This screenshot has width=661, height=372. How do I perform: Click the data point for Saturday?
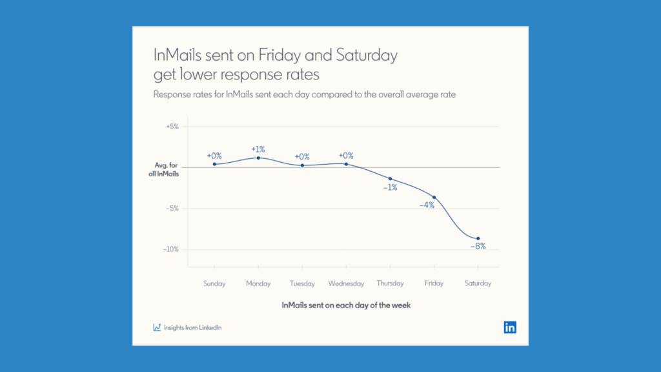(478, 239)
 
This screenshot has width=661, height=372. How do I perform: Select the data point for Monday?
(258, 158)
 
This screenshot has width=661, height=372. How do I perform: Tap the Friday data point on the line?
(434, 198)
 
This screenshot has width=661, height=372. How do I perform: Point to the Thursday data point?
(391, 179)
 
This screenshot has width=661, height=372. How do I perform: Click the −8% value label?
(478, 247)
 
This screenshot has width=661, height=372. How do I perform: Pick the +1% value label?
(258, 149)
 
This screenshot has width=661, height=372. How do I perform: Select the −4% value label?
(427, 205)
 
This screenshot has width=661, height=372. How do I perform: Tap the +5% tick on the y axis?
(172, 127)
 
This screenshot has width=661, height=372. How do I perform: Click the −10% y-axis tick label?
(170, 249)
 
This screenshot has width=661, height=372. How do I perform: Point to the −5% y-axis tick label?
(171, 209)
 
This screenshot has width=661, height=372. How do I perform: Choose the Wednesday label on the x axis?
(346, 284)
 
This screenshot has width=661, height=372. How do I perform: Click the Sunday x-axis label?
(214, 284)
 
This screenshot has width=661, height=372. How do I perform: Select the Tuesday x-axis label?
(302, 284)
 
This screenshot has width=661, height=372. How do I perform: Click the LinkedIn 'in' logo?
(510, 327)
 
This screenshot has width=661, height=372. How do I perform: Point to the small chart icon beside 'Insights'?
(157, 327)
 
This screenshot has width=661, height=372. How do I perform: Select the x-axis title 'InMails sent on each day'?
(346, 305)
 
